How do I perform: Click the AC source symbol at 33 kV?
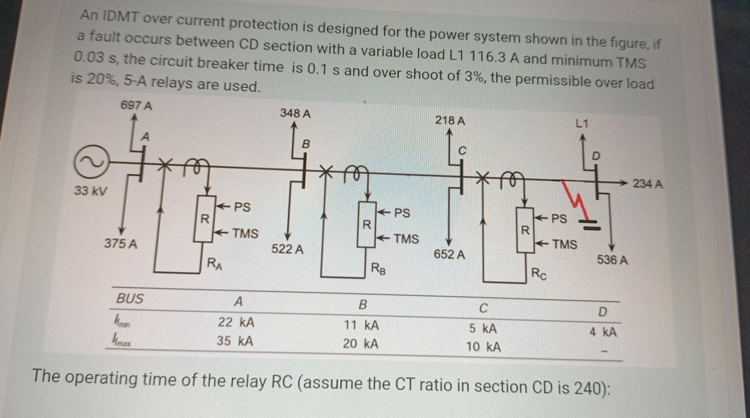(89, 162)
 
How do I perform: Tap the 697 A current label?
(136, 105)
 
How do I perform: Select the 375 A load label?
(121, 244)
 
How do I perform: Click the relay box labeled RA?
(205, 219)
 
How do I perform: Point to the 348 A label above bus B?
(295, 113)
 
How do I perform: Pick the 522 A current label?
(287, 249)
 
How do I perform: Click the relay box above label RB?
(366, 224)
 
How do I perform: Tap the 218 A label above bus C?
(450, 120)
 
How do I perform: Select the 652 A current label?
(449, 255)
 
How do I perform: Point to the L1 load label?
(582, 124)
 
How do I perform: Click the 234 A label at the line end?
(647, 184)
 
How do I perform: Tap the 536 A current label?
(612, 260)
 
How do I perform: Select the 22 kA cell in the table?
(236, 322)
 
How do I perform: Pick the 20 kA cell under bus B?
(360, 343)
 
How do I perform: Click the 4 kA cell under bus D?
(603, 332)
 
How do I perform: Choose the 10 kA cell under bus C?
(483, 347)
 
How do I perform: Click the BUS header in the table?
(130, 299)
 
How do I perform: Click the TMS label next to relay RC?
(564, 244)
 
